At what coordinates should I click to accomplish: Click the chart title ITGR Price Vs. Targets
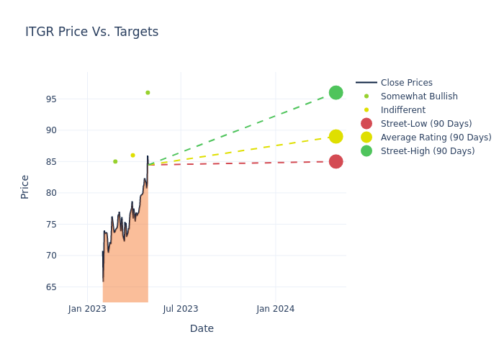point(91,32)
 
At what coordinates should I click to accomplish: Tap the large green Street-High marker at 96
point(336,93)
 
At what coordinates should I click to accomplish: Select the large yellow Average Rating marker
point(336,137)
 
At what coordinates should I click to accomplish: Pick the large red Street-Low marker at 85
point(336,161)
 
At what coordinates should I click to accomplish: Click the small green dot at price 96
point(148,93)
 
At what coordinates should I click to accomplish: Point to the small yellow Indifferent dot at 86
point(132,156)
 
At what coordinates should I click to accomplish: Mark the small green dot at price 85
point(115,161)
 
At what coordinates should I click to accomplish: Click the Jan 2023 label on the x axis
point(87,309)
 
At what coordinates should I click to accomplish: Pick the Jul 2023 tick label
point(181,309)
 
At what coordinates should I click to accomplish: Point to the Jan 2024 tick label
point(275,309)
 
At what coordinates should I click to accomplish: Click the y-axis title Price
point(25,186)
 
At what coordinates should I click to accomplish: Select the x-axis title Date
point(202,329)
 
